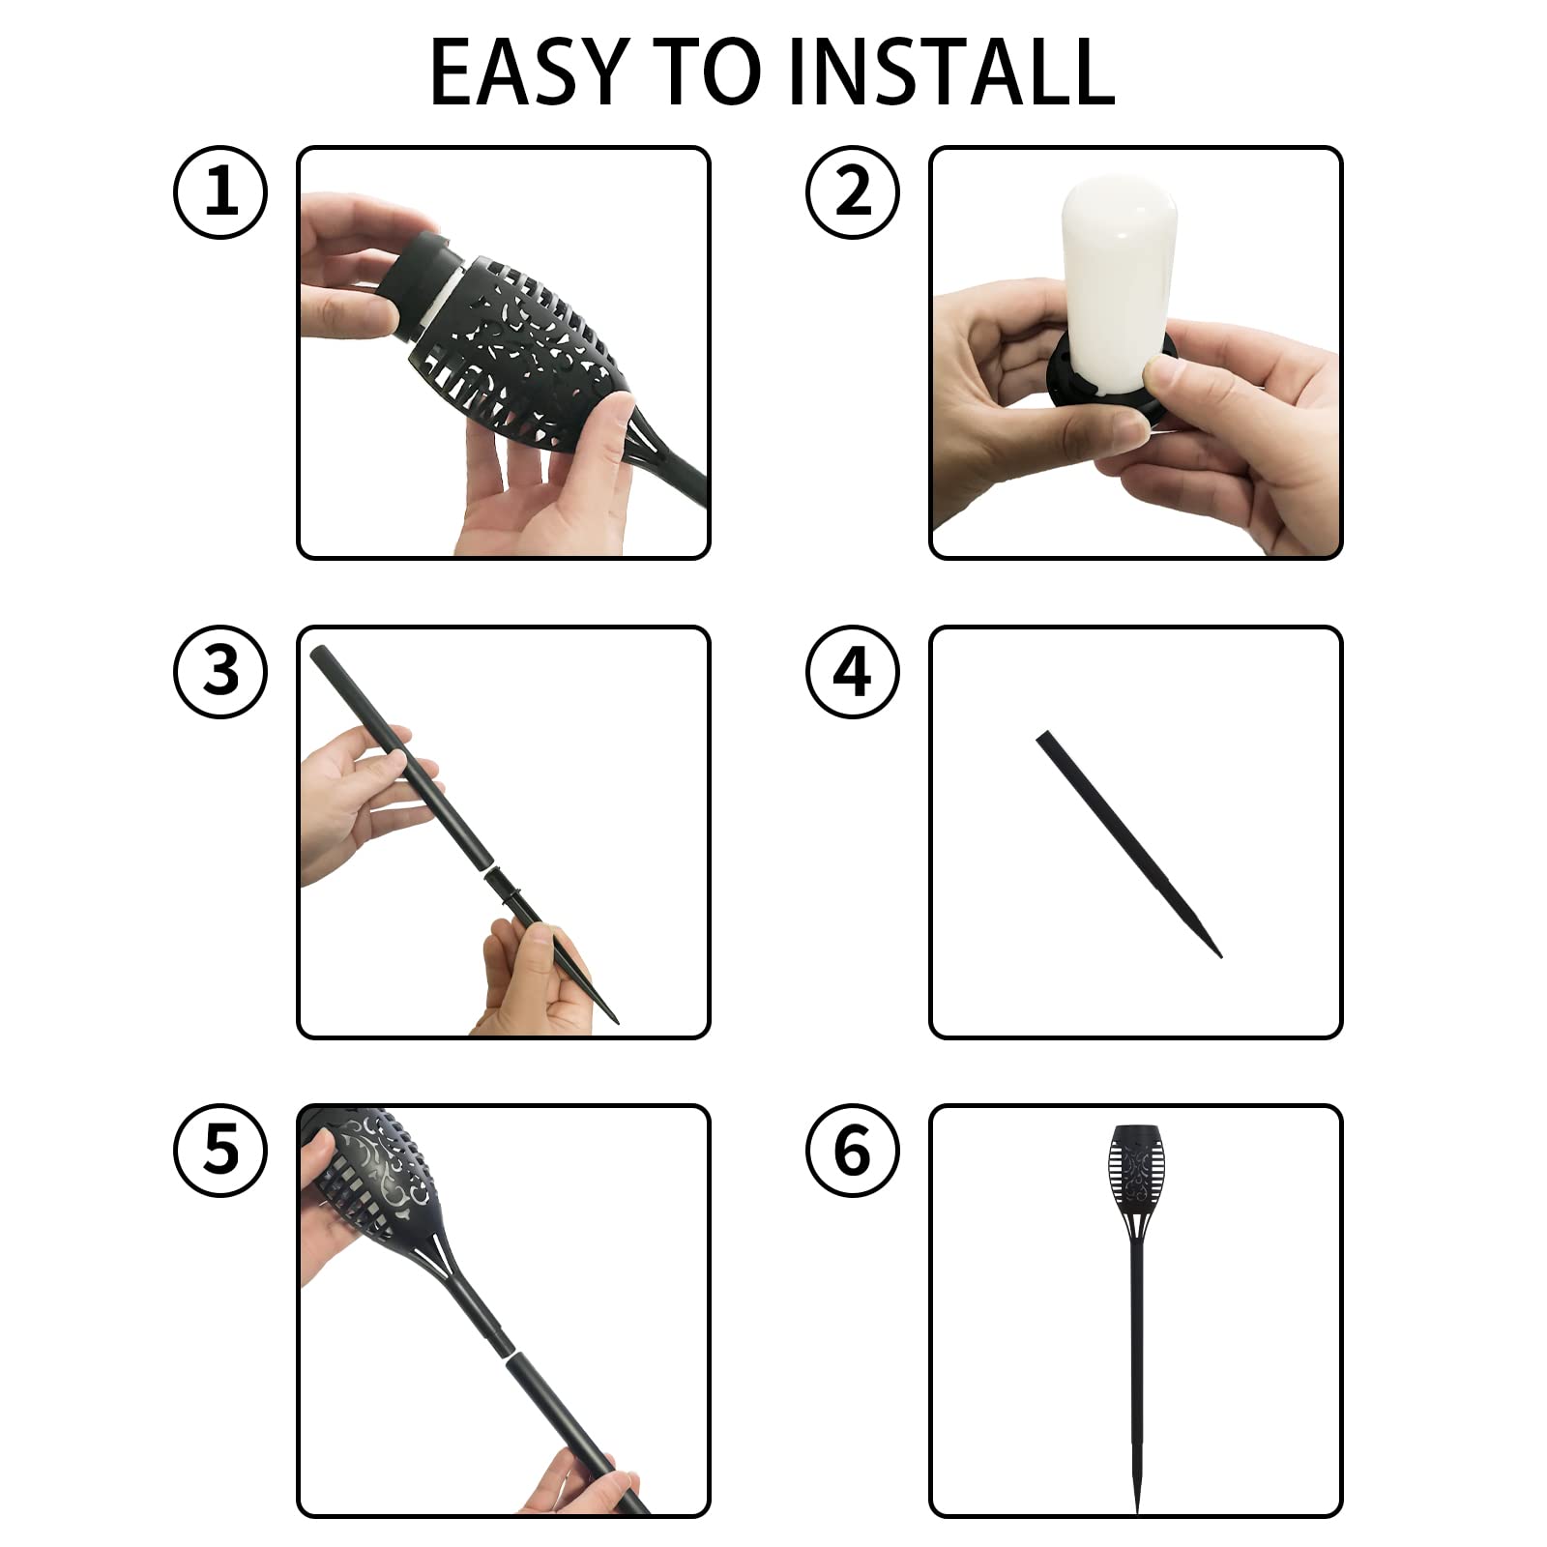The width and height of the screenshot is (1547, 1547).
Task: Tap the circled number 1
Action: (x=220, y=191)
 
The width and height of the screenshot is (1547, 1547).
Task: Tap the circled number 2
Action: (x=853, y=191)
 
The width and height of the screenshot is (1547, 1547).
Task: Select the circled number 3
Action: (x=220, y=671)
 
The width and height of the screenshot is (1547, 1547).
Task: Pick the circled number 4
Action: (x=853, y=671)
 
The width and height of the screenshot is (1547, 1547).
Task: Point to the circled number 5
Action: (x=220, y=1151)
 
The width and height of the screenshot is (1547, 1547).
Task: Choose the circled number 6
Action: (x=853, y=1151)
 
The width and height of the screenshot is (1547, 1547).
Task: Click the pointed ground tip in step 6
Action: (x=1137, y=1494)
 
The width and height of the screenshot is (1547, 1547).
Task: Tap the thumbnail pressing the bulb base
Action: (x=1157, y=371)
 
